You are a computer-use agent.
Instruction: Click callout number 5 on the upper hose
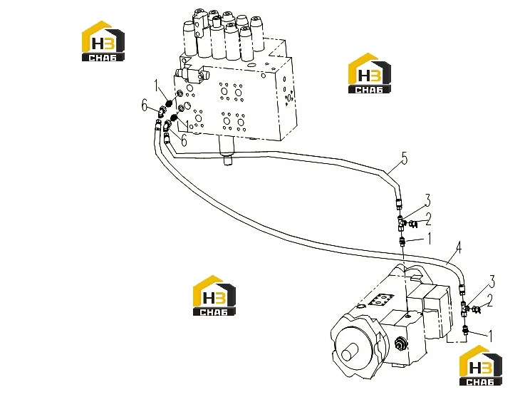click(405, 158)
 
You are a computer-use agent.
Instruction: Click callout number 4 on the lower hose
click(458, 248)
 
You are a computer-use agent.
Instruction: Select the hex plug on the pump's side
click(400, 344)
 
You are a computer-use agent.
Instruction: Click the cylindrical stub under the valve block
click(228, 150)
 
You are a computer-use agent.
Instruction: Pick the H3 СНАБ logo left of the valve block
click(103, 41)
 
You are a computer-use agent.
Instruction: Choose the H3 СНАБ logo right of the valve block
click(370, 73)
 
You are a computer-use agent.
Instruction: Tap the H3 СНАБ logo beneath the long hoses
click(214, 296)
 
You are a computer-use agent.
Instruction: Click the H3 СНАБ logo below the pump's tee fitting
click(481, 366)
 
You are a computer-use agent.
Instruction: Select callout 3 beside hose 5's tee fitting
click(427, 201)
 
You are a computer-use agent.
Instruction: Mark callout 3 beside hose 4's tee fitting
click(492, 282)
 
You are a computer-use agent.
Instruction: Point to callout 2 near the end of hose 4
click(490, 300)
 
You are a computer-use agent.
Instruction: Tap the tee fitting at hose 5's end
click(401, 224)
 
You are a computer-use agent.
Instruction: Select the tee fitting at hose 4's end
click(464, 309)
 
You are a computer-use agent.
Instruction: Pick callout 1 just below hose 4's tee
click(491, 336)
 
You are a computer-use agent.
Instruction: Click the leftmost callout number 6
click(145, 105)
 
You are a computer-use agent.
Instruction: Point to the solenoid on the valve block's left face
click(192, 73)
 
